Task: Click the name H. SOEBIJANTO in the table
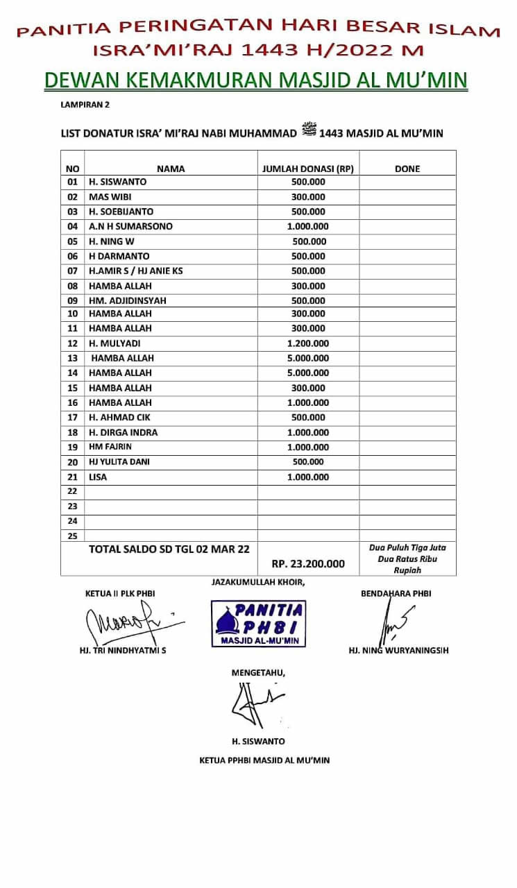pyautogui.click(x=121, y=212)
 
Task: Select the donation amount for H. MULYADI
pyautogui.click(x=308, y=343)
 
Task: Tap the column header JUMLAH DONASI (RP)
pyautogui.click(x=308, y=169)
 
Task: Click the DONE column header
pyautogui.click(x=407, y=169)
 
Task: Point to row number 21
pyautogui.click(x=72, y=477)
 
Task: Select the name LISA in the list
pyautogui.click(x=98, y=477)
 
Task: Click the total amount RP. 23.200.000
pyautogui.click(x=308, y=564)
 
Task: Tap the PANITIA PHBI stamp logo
pyautogui.click(x=258, y=624)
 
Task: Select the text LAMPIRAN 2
pyautogui.click(x=85, y=105)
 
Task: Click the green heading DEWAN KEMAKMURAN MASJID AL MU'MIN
pyautogui.click(x=256, y=80)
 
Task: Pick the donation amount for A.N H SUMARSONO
pyautogui.click(x=308, y=227)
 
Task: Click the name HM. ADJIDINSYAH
pyautogui.click(x=127, y=301)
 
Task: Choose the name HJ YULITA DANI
pyautogui.click(x=119, y=462)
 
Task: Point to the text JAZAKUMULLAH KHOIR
pyautogui.click(x=257, y=582)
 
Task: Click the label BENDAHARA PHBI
pyautogui.click(x=396, y=594)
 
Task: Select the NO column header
pyautogui.click(x=72, y=169)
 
